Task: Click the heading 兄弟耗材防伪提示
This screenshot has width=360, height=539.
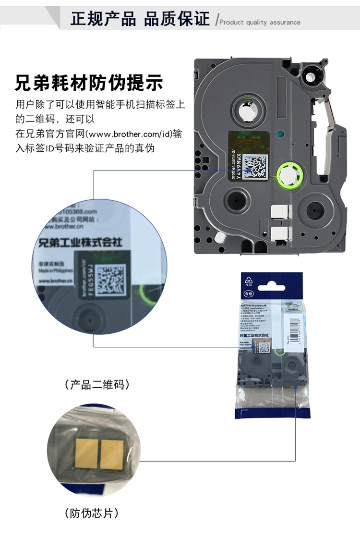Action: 89,82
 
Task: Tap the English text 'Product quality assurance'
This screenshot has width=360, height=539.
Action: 260,22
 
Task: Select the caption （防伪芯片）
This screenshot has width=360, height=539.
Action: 91,514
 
